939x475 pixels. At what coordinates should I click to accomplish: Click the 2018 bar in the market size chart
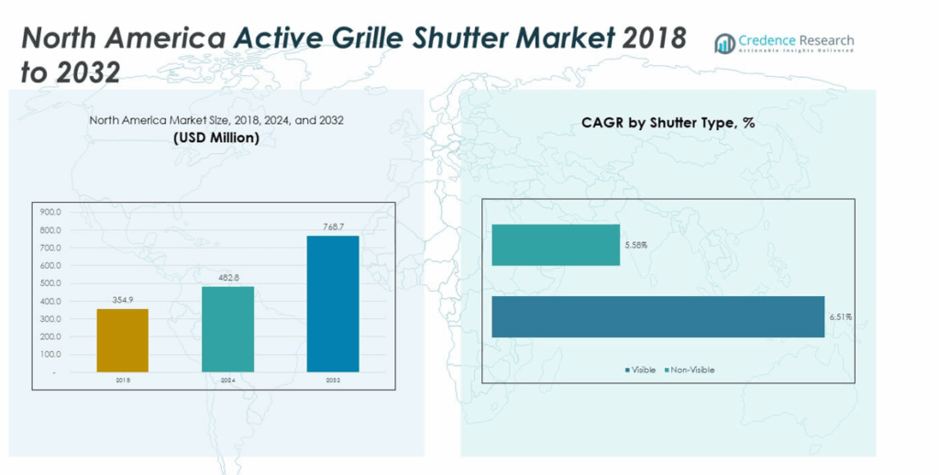coord(122,340)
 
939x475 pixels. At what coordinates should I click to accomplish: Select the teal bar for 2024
coord(227,329)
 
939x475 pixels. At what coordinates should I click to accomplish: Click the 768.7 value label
coord(333,226)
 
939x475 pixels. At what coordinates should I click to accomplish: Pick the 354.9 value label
coord(122,300)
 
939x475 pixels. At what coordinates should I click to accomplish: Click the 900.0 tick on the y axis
coord(50,212)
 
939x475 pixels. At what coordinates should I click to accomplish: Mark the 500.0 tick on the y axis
coord(50,283)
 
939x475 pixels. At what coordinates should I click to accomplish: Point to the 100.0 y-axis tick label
coord(50,354)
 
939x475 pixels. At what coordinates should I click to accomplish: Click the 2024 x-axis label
coord(227,379)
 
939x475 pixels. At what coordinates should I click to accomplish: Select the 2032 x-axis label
coord(333,379)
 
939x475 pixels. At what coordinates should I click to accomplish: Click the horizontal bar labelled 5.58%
coord(556,245)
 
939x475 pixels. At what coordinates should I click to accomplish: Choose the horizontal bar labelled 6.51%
coord(658,316)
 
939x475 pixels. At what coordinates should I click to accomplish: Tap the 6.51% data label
coord(841,316)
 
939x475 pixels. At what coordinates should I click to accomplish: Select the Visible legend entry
coord(641,370)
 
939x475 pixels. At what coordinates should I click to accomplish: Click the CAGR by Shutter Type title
coord(668,123)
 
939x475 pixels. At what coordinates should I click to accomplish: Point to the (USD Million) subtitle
coord(216,138)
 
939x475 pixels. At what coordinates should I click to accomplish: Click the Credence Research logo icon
coord(724,43)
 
